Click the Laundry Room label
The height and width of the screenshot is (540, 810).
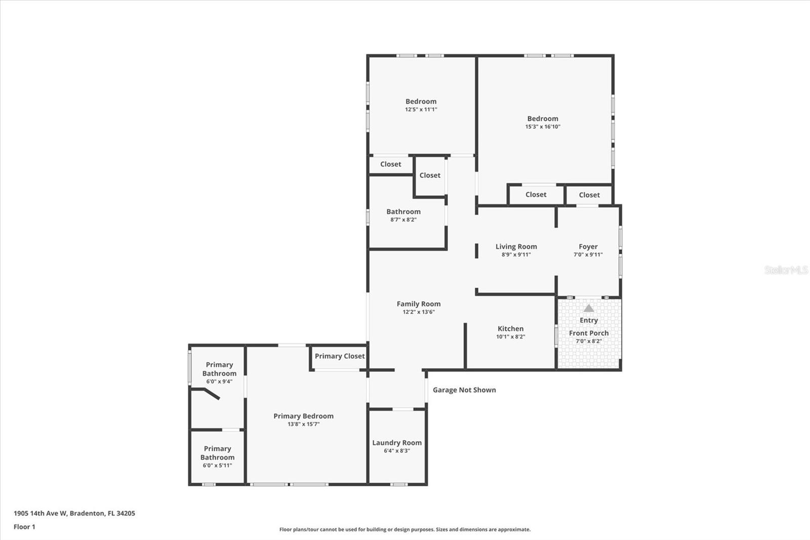pos(397,443)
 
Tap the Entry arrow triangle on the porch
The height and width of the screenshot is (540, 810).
pos(588,308)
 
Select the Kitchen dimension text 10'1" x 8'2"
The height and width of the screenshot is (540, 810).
pos(510,337)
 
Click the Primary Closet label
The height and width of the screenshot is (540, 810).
pos(340,356)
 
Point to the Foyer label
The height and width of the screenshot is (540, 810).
pos(588,247)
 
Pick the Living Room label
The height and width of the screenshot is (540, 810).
pos(516,247)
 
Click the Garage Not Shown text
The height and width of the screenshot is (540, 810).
pos(464,390)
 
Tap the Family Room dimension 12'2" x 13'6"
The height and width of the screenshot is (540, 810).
pos(418,312)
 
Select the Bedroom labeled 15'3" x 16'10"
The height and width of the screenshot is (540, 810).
pos(543,119)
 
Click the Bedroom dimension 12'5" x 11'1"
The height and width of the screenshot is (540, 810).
pos(421,109)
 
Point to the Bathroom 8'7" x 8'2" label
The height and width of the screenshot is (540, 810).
pos(403,212)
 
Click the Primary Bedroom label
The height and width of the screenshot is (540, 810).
pos(303,416)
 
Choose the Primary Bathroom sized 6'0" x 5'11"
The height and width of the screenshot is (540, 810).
pos(217,453)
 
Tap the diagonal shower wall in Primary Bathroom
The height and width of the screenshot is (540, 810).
pos(212,394)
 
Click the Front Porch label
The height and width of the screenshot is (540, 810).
pos(588,333)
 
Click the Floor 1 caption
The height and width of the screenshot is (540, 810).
pos(24,527)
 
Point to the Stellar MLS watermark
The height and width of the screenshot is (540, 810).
pos(786,270)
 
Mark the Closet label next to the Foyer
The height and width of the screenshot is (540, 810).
pos(589,195)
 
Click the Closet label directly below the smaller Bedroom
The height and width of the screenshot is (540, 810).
pos(390,164)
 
